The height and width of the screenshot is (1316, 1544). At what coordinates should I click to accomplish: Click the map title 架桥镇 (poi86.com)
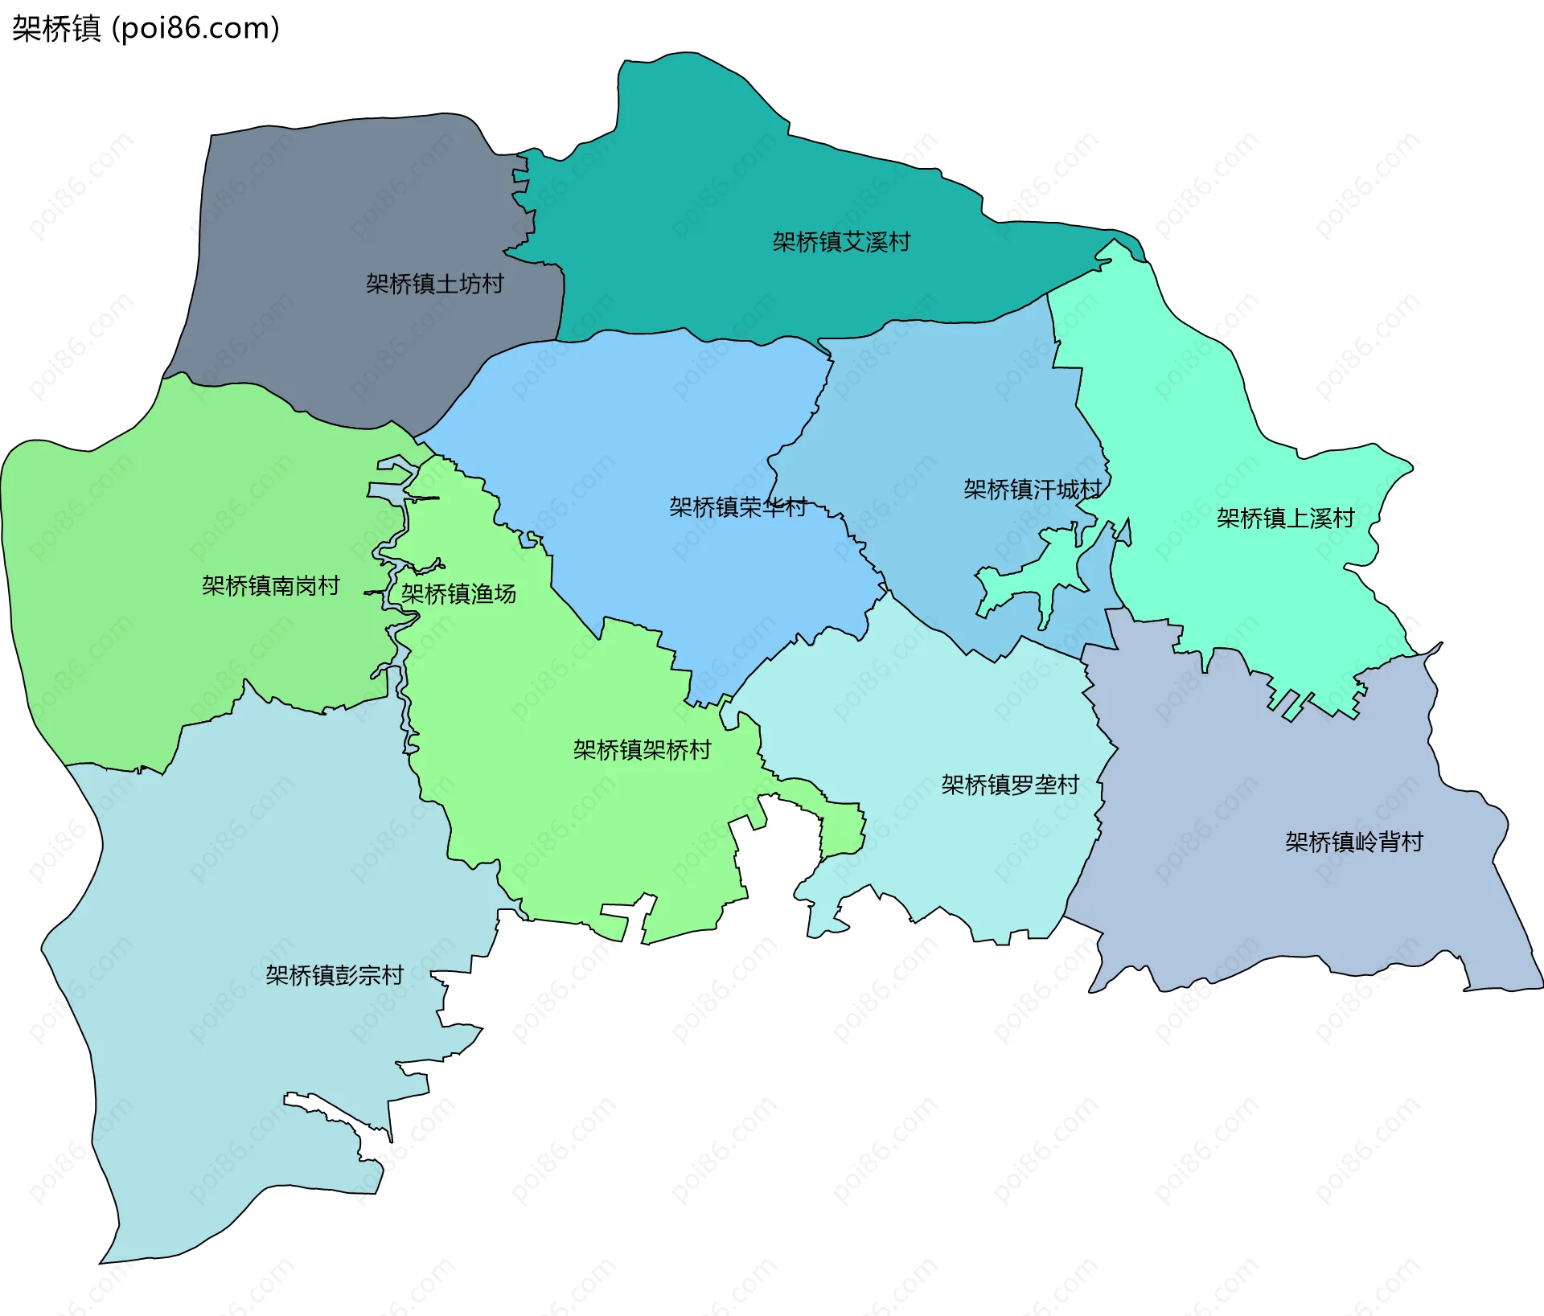(x=146, y=29)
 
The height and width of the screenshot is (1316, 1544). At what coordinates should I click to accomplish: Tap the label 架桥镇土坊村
(x=434, y=284)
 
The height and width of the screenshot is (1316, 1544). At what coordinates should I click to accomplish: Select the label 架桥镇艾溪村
(x=841, y=242)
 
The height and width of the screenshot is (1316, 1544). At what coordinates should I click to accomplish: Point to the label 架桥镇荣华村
(x=737, y=507)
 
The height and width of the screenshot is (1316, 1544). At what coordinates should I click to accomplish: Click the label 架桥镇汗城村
(x=1032, y=490)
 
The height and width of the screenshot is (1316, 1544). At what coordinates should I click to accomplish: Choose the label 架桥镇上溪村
(x=1285, y=519)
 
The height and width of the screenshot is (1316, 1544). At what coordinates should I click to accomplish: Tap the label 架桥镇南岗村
(x=270, y=586)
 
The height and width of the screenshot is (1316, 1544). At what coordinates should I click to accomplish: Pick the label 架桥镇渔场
(x=458, y=594)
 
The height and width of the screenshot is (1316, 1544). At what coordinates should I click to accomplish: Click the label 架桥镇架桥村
(x=642, y=750)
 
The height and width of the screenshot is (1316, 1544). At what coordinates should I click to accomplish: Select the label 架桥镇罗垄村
(x=1010, y=785)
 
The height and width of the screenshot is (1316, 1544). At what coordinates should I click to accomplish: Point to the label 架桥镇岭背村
(x=1353, y=842)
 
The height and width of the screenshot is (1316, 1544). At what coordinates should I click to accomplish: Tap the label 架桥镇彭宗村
(x=335, y=975)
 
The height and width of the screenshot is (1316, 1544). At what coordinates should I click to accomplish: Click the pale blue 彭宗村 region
(x=241, y=1085)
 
